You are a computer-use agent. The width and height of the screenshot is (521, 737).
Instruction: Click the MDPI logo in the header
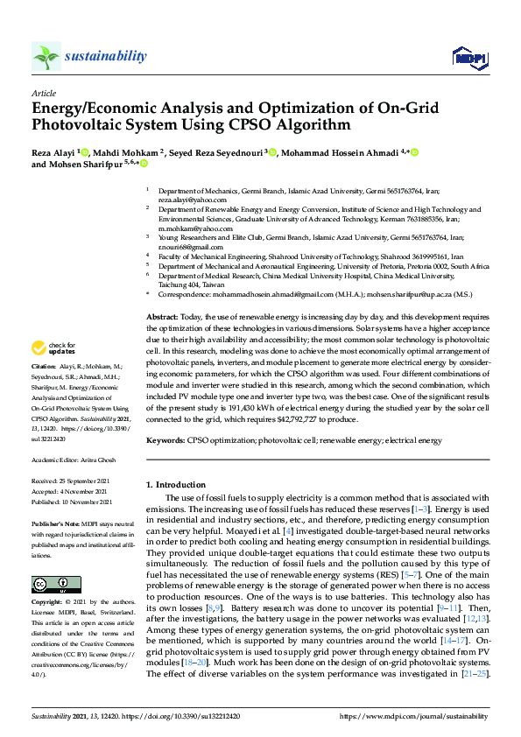point(468,58)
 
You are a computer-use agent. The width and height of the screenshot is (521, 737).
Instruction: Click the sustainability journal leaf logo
point(46,57)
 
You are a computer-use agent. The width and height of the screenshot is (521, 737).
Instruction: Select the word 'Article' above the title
point(43,92)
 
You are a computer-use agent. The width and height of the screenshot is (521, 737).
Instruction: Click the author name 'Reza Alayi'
point(53,152)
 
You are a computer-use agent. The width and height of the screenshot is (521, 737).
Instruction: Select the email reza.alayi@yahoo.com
point(187,200)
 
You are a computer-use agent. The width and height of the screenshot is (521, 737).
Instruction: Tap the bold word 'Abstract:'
point(162,316)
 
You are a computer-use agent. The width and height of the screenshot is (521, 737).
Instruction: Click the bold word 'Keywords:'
point(165,440)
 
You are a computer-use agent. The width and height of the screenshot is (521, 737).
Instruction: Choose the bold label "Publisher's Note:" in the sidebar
point(58,522)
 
